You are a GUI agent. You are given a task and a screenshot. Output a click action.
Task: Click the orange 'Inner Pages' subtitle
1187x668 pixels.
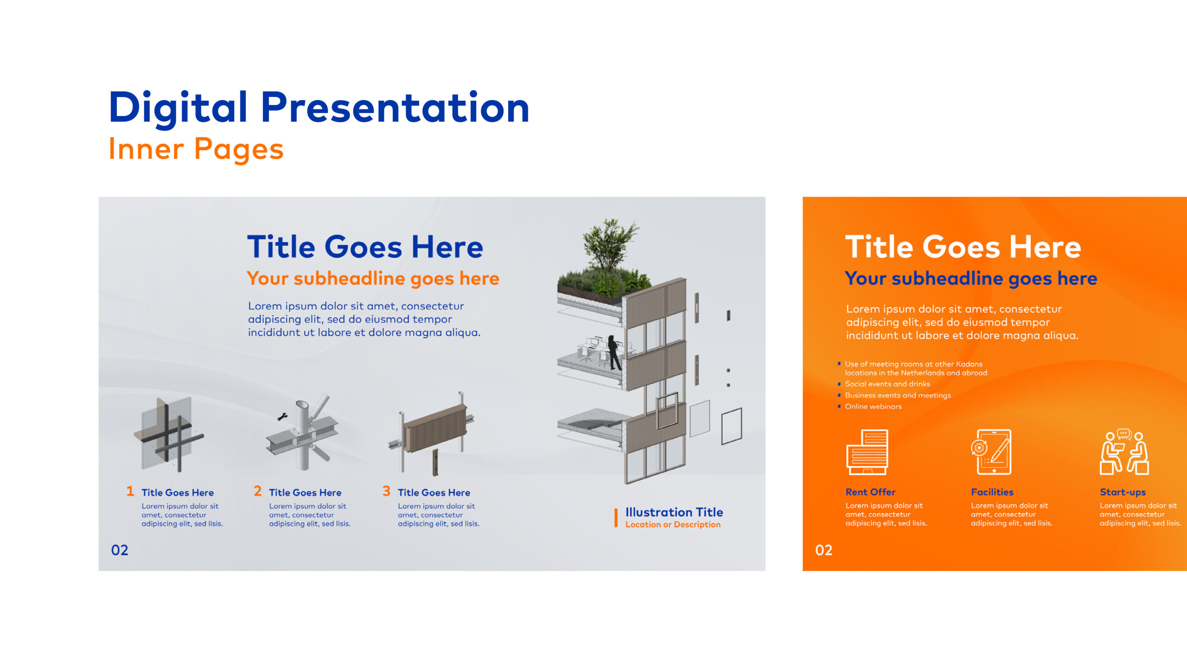196,149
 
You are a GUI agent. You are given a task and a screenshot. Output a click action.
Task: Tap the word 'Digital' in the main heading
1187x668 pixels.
178,108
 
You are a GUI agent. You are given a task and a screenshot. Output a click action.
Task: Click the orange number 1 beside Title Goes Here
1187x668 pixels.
130,491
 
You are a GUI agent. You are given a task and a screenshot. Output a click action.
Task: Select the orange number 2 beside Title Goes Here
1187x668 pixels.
258,491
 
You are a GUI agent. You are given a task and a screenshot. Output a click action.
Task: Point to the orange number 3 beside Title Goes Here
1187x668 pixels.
386,491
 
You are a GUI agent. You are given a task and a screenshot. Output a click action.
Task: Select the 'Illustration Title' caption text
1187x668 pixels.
674,512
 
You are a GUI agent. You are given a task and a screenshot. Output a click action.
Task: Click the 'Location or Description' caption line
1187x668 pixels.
673,525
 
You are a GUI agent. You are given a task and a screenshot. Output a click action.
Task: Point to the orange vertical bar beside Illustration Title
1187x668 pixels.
616,518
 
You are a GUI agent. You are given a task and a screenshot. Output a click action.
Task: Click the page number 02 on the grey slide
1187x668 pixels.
120,550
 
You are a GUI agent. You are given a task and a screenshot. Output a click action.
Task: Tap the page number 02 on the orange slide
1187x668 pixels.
824,550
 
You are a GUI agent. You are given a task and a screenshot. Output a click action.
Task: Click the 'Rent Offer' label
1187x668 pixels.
870,492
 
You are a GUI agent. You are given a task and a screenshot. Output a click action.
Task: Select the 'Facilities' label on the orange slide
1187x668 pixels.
992,492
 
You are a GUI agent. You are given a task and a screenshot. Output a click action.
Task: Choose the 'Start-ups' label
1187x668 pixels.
1123,492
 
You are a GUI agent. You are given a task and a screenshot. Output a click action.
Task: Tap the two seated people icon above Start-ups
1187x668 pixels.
1124,452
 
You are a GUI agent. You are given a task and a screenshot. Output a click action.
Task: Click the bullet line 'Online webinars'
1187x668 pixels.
873,406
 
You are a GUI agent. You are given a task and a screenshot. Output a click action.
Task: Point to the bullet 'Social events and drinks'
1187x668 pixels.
887,384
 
